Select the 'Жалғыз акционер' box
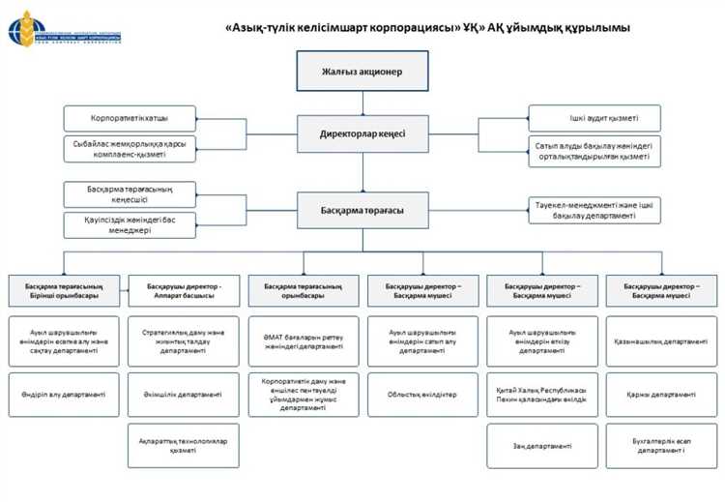(362, 73)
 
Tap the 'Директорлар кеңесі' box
(362, 133)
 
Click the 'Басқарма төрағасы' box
(362, 210)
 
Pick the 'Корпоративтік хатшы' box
(130, 119)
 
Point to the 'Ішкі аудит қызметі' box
(594, 118)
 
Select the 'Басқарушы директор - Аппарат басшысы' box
(184, 291)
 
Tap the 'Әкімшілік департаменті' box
(184, 394)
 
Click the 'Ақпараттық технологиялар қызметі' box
(184, 445)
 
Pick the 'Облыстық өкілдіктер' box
(422, 394)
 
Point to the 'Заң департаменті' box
(541, 446)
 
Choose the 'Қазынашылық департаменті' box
(661, 341)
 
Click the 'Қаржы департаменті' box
(661, 394)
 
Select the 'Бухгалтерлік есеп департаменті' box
(661, 446)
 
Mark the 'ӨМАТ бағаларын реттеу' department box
(303, 341)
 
